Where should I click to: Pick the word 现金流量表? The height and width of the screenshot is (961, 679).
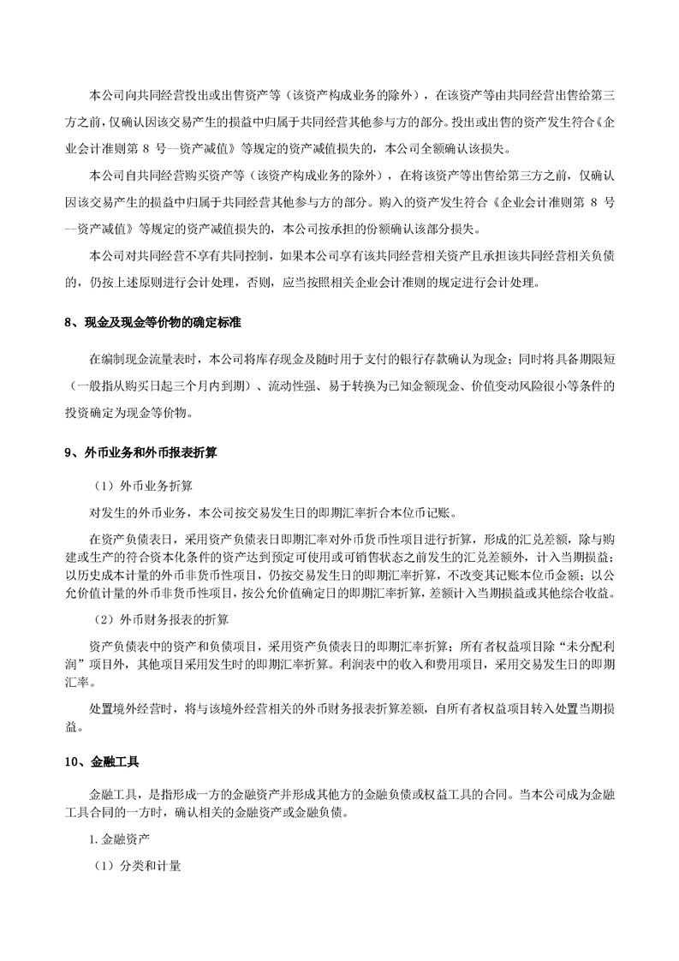click(x=159, y=357)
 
